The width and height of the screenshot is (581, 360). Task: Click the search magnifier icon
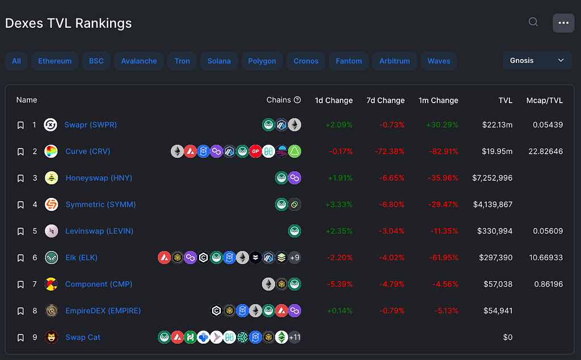coord(533,22)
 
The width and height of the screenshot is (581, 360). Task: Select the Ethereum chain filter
coord(55,61)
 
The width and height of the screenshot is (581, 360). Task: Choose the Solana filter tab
coord(219,61)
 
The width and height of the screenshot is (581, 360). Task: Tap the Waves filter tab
coord(439,61)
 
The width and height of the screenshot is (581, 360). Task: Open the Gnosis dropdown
coord(537,60)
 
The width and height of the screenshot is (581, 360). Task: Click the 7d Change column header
coord(385,100)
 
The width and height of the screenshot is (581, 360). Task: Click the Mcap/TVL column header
coord(544,100)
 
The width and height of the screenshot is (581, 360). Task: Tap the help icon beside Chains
coord(297,100)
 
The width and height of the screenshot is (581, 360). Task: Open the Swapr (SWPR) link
coord(90,125)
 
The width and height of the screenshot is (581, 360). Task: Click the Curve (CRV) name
coord(88,151)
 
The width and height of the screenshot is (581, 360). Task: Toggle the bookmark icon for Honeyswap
coord(21,178)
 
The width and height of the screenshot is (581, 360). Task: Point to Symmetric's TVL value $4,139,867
coord(493,205)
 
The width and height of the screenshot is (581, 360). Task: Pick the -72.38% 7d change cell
coord(389,151)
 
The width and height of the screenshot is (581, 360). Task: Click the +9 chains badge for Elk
coord(294,257)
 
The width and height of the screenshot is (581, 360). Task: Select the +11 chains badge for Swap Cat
coord(294,337)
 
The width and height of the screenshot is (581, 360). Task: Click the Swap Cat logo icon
coord(52,337)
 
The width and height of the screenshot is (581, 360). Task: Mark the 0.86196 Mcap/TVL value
coord(549,284)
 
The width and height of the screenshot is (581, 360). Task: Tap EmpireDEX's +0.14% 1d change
coord(339,311)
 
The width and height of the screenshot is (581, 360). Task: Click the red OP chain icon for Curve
coord(255,151)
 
